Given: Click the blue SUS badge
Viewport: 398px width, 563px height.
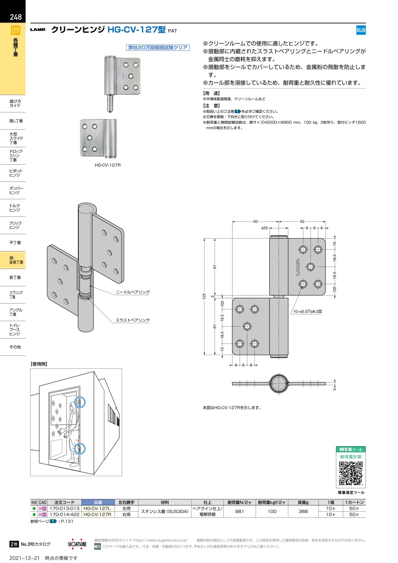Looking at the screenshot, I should point(361,30).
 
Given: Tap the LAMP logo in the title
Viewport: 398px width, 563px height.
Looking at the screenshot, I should point(38,30).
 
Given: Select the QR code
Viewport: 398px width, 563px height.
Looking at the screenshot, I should point(351,473).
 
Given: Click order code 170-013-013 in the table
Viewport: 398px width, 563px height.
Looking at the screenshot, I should point(64,509).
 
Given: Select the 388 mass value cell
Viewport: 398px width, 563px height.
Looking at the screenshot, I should point(303,512).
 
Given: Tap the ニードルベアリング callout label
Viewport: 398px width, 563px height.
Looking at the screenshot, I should point(133,292).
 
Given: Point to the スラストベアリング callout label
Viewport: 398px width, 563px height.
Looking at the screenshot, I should point(133,320).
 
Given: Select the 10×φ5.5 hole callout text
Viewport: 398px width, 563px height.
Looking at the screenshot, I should point(307,312).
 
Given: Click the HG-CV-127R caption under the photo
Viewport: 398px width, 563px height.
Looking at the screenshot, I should point(107,164).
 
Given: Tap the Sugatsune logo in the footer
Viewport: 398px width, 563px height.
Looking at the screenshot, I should point(77,544).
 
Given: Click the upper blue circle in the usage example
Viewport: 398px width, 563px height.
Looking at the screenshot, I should point(80,402).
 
